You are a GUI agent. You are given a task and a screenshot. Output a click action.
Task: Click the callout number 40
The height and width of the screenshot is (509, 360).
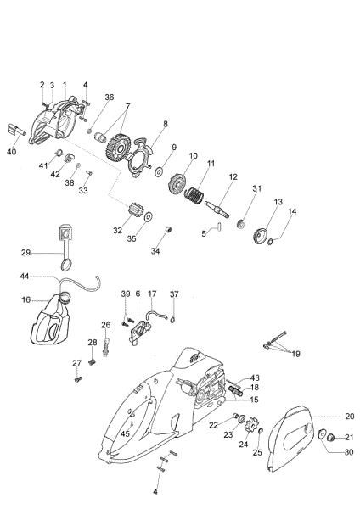tap(12, 152)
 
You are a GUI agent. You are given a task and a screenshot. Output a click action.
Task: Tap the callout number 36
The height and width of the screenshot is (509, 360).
tap(110, 98)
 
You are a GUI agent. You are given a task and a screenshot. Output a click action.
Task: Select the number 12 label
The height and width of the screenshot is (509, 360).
tap(232, 177)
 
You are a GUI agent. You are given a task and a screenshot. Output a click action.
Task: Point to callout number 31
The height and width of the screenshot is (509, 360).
tap(256, 188)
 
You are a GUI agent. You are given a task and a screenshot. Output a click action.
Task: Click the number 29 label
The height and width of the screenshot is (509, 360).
tap(25, 253)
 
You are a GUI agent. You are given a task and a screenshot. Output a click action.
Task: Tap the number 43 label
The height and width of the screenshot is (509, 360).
tap(255, 378)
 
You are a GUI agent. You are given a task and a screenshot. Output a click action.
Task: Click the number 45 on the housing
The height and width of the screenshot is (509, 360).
tap(125, 433)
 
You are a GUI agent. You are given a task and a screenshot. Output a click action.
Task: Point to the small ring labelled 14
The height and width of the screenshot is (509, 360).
tap(271, 241)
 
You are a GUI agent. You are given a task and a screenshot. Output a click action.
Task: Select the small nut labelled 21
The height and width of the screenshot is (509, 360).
tap(335, 438)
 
